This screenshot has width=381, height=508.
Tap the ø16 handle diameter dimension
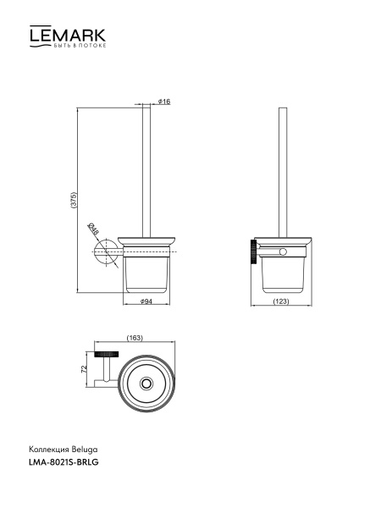click(x=164, y=102)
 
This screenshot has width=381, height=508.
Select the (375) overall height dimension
click(x=75, y=201)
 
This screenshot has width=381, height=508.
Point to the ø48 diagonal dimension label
click(x=93, y=229)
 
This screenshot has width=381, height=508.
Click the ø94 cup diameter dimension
click(x=146, y=301)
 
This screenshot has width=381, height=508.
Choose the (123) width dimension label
click(x=281, y=301)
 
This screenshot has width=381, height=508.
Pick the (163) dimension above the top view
click(x=135, y=338)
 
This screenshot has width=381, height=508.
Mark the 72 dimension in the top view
click(x=84, y=369)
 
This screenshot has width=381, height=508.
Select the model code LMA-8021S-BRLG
click(x=63, y=462)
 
